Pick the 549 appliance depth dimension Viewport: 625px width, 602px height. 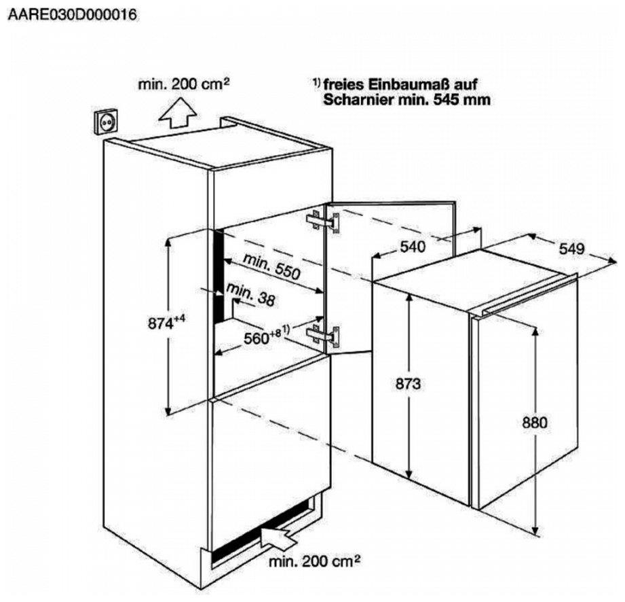[x=572, y=249]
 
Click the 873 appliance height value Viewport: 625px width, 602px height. [x=409, y=384]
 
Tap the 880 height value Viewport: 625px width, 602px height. [x=535, y=423]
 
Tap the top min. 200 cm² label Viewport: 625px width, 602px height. [x=184, y=84]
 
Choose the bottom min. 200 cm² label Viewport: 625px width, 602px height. [x=313, y=561]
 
